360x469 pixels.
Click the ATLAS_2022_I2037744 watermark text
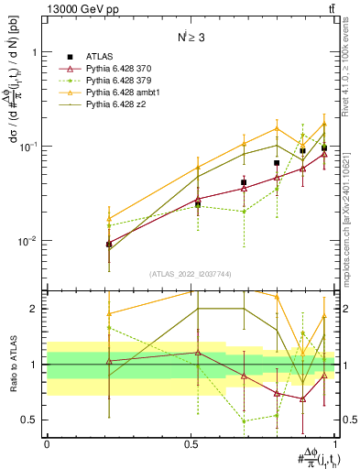tap(191, 274)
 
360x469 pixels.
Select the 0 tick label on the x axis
tap(47, 443)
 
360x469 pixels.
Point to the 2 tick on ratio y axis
tap(37, 309)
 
